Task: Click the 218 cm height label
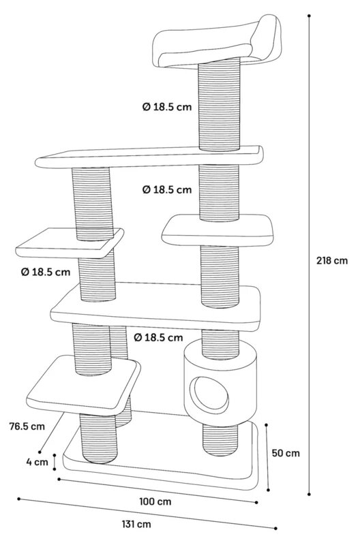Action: pyautogui.click(x=331, y=260)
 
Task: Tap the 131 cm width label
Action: pyautogui.click(x=136, y=524)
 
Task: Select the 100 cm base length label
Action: pyautogui.click(x=155, y=501)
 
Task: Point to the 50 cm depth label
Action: pyautogui.click(x=286, y=453)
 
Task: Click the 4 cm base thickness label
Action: pyautogui.click(x=37, y=462)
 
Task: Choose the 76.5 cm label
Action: pyautogui.click(x=27, y=426)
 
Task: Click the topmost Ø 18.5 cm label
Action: pyautogui.click(x=167, y=107)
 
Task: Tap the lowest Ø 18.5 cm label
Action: pyautogui.click(x=158, y=337)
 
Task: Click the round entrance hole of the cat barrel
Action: pyautogui.click(x=211, y=394)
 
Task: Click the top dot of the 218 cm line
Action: pyautogui.click(x=309, y=16)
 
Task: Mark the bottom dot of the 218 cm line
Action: pyautogui.click(x=310, y=494)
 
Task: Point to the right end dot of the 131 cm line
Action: pyautogui.click(x=276, y=529)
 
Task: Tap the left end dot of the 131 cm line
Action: pyautogui.click(x=19, y=499)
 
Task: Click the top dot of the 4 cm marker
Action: pyautogui.click(x=55, y=454)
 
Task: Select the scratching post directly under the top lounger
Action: pyautogui.click(x=219, y=104)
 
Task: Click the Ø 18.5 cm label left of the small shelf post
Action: pyautogui.click(x=46, y=271)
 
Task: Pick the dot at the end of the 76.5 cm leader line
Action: pyautogui.click(x=40, y=452)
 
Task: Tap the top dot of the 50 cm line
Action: pyautogui.click(x=266, y=424)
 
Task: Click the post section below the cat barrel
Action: pyautogui.click(x=220, y=440)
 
